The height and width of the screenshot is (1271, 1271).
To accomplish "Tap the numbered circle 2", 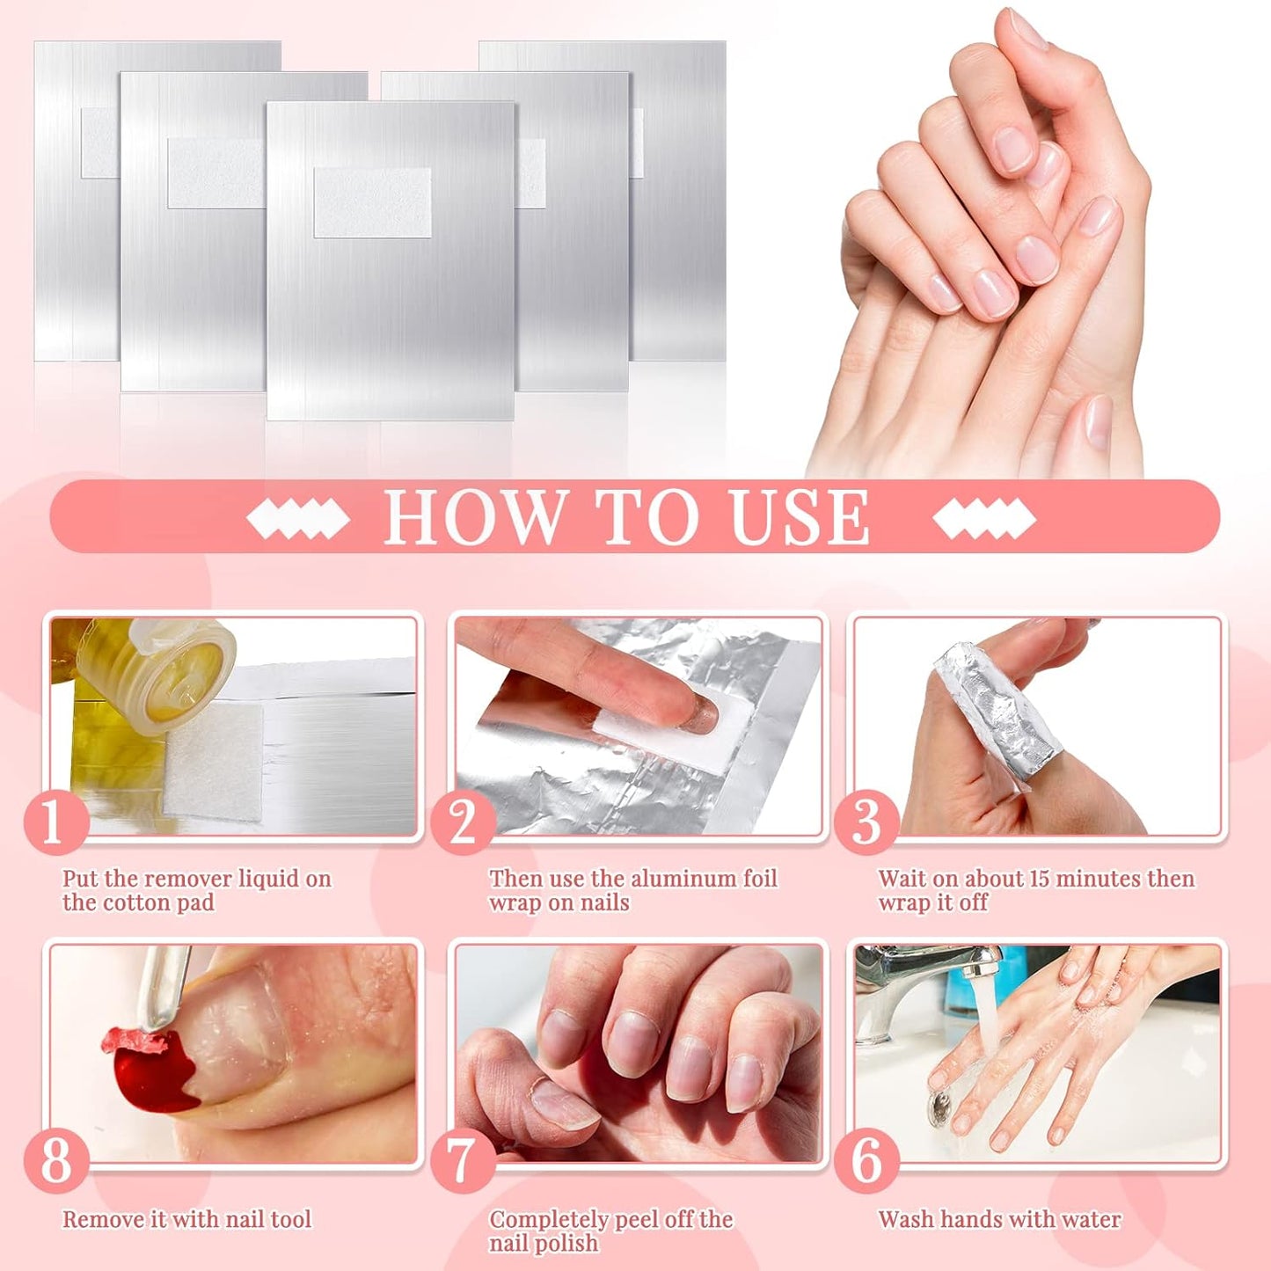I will pyautogui.click(x=463, y=822).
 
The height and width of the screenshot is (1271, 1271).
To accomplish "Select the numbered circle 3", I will pyautogui.click(x=866, y=822).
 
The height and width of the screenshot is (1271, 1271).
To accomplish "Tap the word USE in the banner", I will pyautogui.click(x=800, y=517).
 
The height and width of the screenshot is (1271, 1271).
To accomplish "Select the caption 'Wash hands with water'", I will pyautogui.click(x=999, y=1219).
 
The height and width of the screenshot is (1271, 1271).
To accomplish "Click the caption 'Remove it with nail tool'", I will pyautogui.click(x=186, y=1219).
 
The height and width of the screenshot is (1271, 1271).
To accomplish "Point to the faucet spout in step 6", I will pyautogui.click(x=975, y=968).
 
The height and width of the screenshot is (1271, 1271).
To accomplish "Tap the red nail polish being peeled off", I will pyautogui.click(x=154, y=1069).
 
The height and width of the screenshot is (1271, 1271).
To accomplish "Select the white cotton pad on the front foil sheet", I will pyautogui.click(x=372, y=202).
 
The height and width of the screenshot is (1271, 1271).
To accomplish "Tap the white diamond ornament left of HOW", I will pyautogui.click(x=297, y=518).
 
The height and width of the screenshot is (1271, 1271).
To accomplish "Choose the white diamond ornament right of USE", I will pyautogui.click(x=984, y=518).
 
